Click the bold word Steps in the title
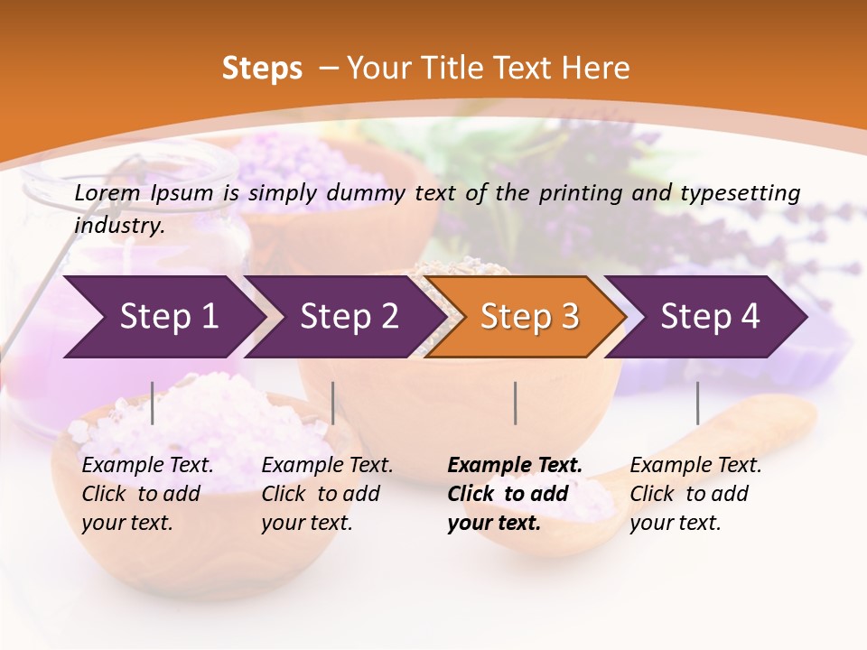pyautogui.click(x=262, y=69)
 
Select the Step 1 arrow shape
pyautogui.click(x=163, y=317)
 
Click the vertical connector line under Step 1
pyautogui.click(x=153, y=403)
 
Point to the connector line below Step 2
pyautogui.click(x=333, y=403)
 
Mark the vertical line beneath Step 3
pyautogui.click(x=516, y=403)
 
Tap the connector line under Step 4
pyautogui.click(x=697, y=403)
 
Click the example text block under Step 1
pyautogui.click(x=147, y=494)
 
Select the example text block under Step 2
pyautogui.click(x=327, y=494)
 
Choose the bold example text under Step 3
pyautogui.click(x=514, y=494)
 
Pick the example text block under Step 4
pyautogui.click(x=695, y=494)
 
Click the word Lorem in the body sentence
pyautogui.click(x=107, y=192)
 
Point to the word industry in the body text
pyautogui.click(x=118, y=226)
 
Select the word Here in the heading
pyautogui.click(x=601, y=69)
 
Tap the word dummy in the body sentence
pyautogui.click(x=378, y=193)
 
